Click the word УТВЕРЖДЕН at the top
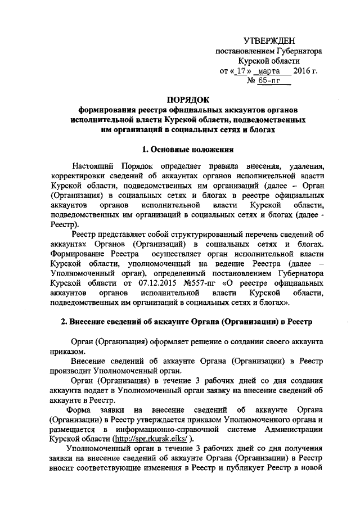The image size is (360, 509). [x=269, y=41]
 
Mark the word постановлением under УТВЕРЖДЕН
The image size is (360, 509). [x=243, y=51]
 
